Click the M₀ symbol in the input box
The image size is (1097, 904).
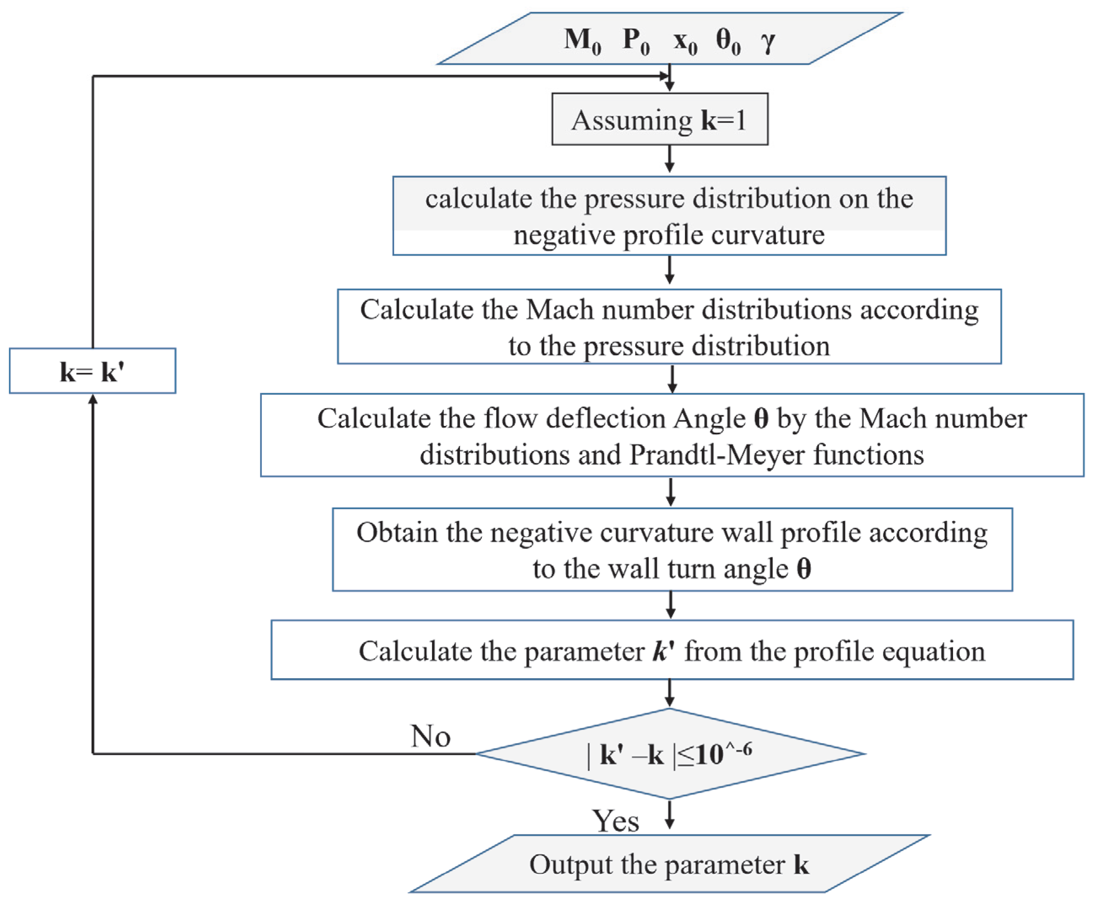tap(582, 40)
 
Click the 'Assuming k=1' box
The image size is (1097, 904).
tap(659, 119)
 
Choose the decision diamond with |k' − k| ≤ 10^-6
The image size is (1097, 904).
tap(670, 754)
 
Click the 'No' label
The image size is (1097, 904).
tap(430, 736)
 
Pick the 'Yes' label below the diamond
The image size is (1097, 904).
tap(615, 821)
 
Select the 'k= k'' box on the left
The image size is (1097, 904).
tap(93, 371)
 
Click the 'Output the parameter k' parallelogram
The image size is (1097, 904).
tap(669, 864)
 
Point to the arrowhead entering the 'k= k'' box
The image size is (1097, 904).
tap(93, 399)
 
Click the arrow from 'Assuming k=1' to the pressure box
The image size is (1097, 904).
tap(670, 159)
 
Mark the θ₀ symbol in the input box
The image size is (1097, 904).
tap(728, 40)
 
